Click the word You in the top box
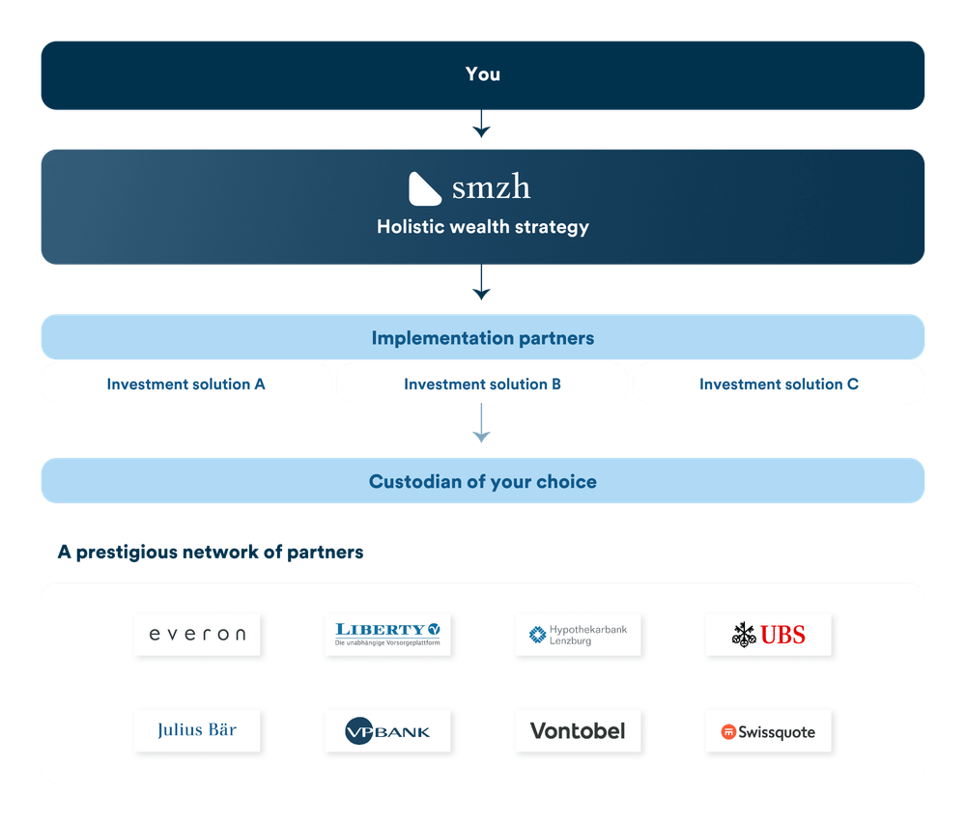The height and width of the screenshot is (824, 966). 482,74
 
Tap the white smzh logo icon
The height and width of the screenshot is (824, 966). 425,188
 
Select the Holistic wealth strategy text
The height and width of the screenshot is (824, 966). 482,228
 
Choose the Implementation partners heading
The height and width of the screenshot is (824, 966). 482,338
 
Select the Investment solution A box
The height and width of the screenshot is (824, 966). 185,384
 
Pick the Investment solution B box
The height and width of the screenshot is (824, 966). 482,384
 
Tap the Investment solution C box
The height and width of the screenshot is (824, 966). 779,384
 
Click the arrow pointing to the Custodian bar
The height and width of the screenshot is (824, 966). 481,425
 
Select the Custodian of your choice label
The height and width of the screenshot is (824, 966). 482,481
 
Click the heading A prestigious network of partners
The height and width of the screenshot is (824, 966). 210,553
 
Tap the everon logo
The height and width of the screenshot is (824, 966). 197,635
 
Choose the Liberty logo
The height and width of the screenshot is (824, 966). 387,635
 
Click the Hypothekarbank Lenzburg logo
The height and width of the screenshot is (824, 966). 578,635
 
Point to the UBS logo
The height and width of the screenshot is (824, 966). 768,635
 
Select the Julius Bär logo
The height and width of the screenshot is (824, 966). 197,730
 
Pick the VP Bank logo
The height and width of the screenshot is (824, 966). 387,731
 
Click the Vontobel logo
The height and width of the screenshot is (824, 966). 578,731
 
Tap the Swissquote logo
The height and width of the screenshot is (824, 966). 768,732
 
